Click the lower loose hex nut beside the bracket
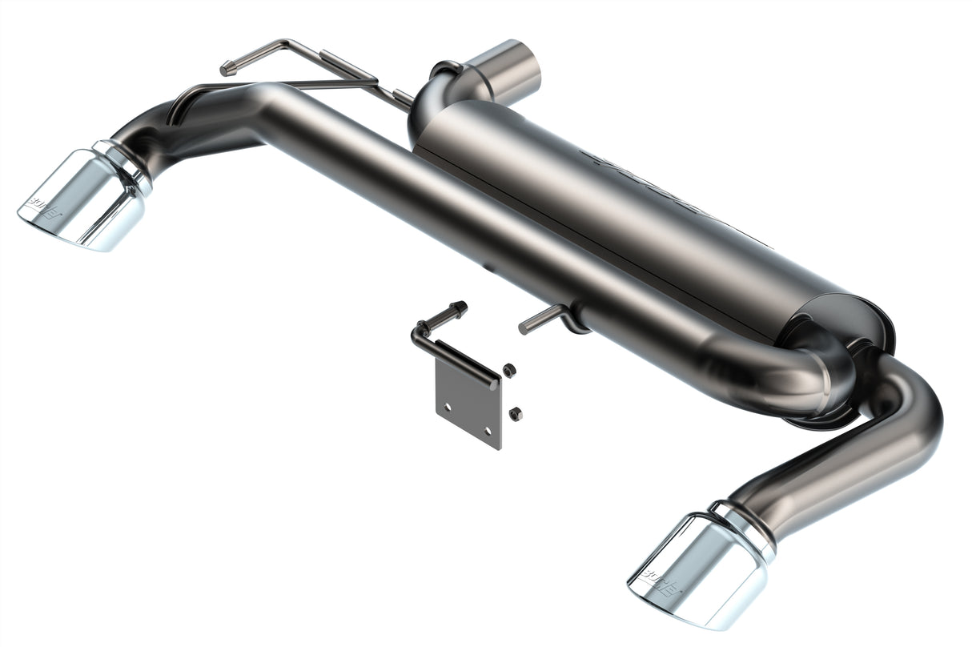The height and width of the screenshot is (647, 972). [x=515, y=413]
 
